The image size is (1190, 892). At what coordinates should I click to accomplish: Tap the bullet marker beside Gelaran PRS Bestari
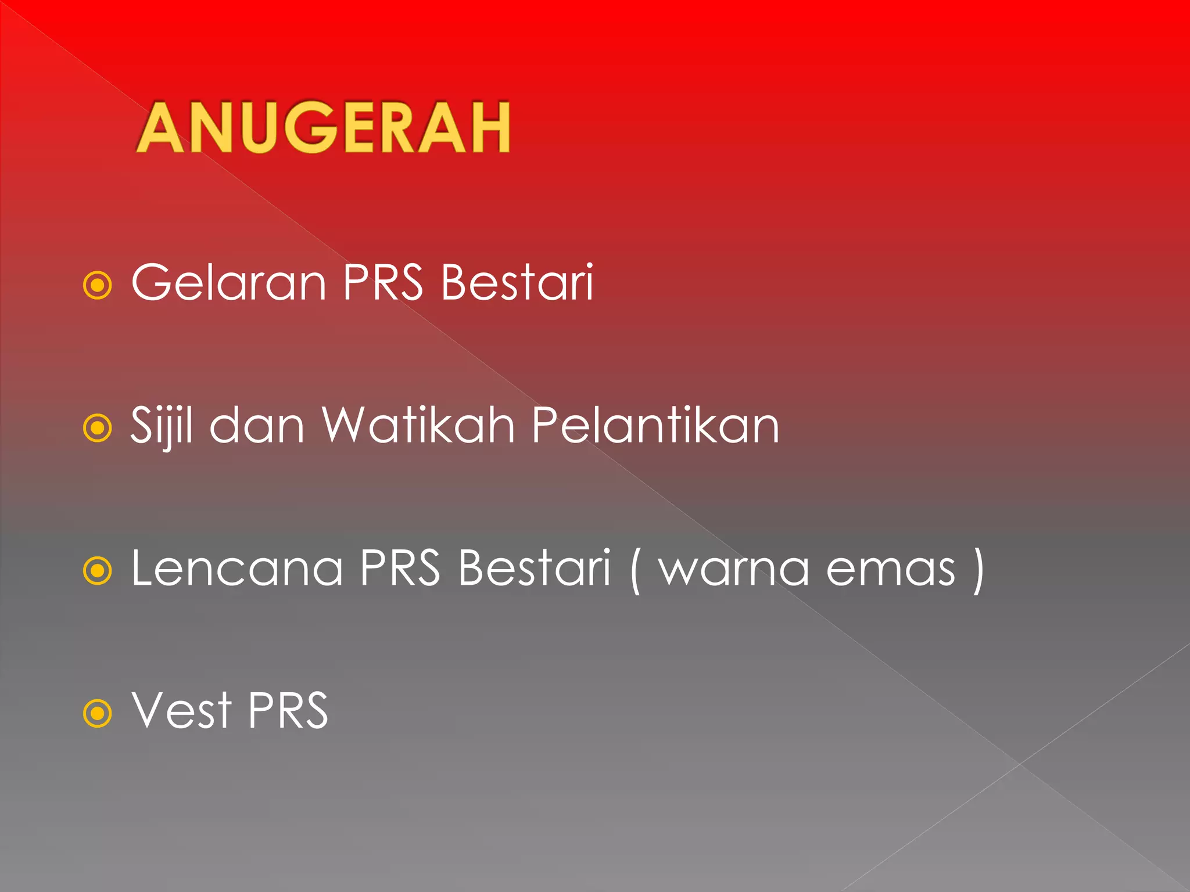[x=97, y=286]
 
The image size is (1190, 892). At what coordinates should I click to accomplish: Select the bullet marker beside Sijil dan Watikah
[x=97, y=429]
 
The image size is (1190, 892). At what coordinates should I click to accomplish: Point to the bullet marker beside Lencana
[x=97, y=571]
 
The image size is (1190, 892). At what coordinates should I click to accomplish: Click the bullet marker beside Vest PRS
[x=97, y=713]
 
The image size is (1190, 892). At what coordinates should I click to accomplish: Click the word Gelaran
[x=229, y=283]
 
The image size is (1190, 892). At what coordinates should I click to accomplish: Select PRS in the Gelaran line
[x=383, y=283]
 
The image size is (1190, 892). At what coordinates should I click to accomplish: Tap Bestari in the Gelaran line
[x=517, y=283]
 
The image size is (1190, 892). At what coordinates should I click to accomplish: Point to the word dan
[x=257, y=426]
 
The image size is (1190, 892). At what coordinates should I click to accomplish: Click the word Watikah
[x=418, y=426]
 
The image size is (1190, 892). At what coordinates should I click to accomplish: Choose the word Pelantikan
[x=655, y=426]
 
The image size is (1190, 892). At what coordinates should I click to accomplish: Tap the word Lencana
[x=237, y=568]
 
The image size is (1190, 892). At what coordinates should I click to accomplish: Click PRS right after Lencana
[x=400, y=568]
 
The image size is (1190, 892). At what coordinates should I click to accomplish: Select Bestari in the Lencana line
[x=534, y=568]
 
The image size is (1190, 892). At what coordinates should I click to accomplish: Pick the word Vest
[x=181, y=711]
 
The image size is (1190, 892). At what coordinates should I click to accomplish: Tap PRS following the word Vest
[x=288, y=711]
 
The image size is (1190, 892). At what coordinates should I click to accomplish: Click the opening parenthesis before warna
[x=635, y=570]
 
